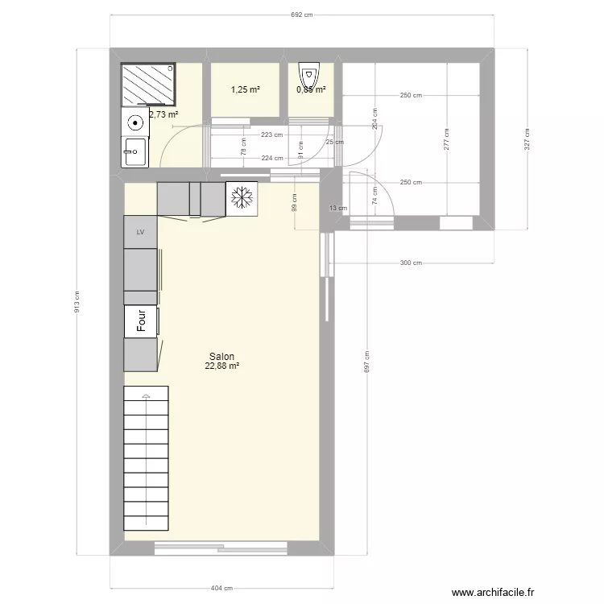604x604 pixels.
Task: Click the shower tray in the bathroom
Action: coord(147,85)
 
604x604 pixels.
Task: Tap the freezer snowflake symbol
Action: coord(241,200)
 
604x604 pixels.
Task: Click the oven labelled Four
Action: coord(141,322)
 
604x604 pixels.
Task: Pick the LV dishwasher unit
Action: coord(140,232)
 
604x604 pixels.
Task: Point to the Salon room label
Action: coord(221,356)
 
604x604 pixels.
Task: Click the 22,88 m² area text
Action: coord(222,366)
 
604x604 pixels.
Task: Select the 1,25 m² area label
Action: coord(245,89)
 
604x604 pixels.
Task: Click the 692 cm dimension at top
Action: coord(302,15)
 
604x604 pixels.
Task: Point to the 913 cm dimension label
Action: coord(77,301)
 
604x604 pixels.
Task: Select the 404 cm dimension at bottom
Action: coord(222,589)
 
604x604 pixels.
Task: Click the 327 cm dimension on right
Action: coord(527,139)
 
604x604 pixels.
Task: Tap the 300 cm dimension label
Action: coord(411,263)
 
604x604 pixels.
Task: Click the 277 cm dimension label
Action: coord(445,139)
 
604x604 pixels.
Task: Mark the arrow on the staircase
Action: coord(147,396)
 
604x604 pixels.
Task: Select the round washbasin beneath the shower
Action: coord(135,124)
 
